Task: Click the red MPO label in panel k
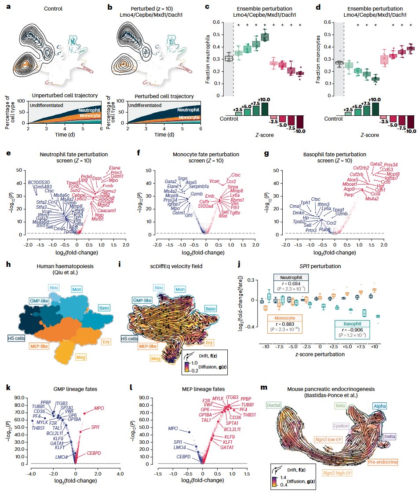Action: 99,409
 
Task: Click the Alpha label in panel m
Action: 380,406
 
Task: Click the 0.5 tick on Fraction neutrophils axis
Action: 215,35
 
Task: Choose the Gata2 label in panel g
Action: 363,164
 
